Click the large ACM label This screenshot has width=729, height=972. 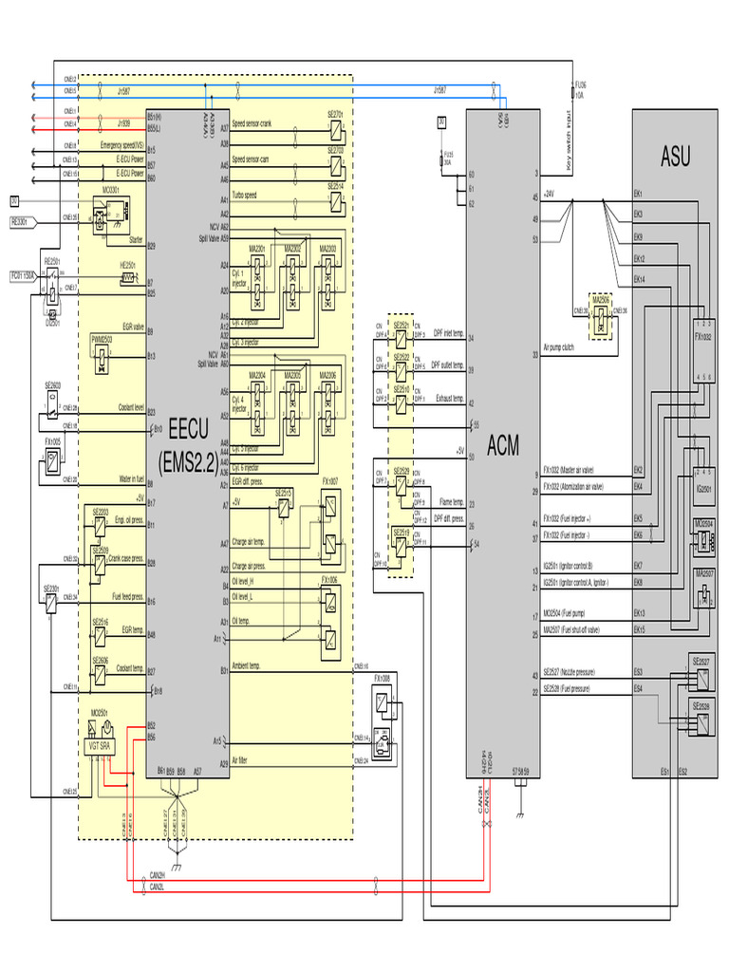coord(503,445)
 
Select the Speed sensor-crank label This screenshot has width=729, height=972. coord(252,124)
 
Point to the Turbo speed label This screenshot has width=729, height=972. coord(245,195)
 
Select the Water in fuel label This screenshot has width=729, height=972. coord(126,479)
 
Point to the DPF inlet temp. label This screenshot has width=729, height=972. coord(448,334)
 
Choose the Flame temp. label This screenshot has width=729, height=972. coord(451,502)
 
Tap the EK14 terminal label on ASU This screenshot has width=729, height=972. coord(640,279)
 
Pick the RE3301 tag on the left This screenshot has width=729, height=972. coord(20,221)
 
